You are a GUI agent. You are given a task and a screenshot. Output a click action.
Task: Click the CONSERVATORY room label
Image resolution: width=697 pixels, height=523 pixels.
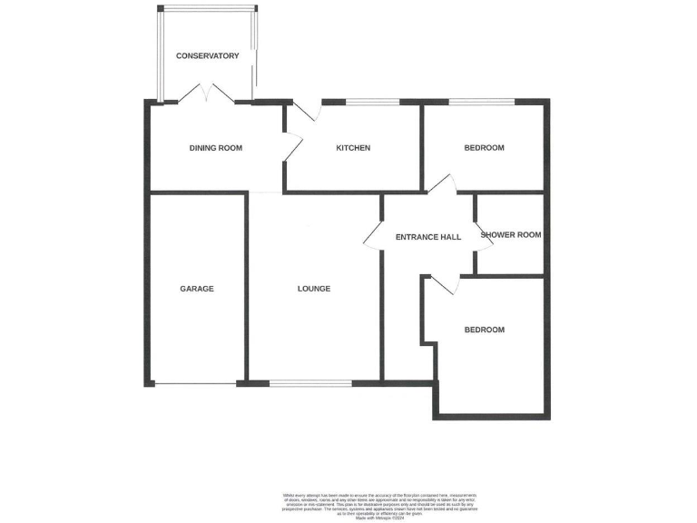point(208,56)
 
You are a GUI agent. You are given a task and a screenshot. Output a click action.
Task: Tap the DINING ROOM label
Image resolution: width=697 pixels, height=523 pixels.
point(215,148)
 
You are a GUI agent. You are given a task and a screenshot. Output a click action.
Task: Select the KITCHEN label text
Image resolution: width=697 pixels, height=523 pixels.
point(353,148)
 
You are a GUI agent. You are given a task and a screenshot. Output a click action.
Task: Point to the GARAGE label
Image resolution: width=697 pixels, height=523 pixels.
point(196,289)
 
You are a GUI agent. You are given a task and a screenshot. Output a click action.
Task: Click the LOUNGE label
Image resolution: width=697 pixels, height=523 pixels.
point(314,289)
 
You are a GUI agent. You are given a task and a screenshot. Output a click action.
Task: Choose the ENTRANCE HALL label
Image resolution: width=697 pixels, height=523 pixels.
point(428,237)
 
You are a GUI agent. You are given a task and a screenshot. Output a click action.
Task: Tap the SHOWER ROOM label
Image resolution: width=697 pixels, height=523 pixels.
point(511,235)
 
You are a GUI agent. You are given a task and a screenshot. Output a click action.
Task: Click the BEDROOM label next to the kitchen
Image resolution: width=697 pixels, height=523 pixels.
point(484,148)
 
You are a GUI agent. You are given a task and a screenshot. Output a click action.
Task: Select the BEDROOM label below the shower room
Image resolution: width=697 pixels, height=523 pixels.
point(484,330)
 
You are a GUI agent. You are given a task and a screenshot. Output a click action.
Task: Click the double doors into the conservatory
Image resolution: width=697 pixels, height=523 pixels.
point(208,94)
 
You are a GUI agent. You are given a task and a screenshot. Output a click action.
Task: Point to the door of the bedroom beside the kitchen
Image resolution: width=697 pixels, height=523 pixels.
point(441,184)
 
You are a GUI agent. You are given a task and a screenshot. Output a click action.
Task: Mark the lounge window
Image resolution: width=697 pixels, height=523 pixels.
point(310,383)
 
